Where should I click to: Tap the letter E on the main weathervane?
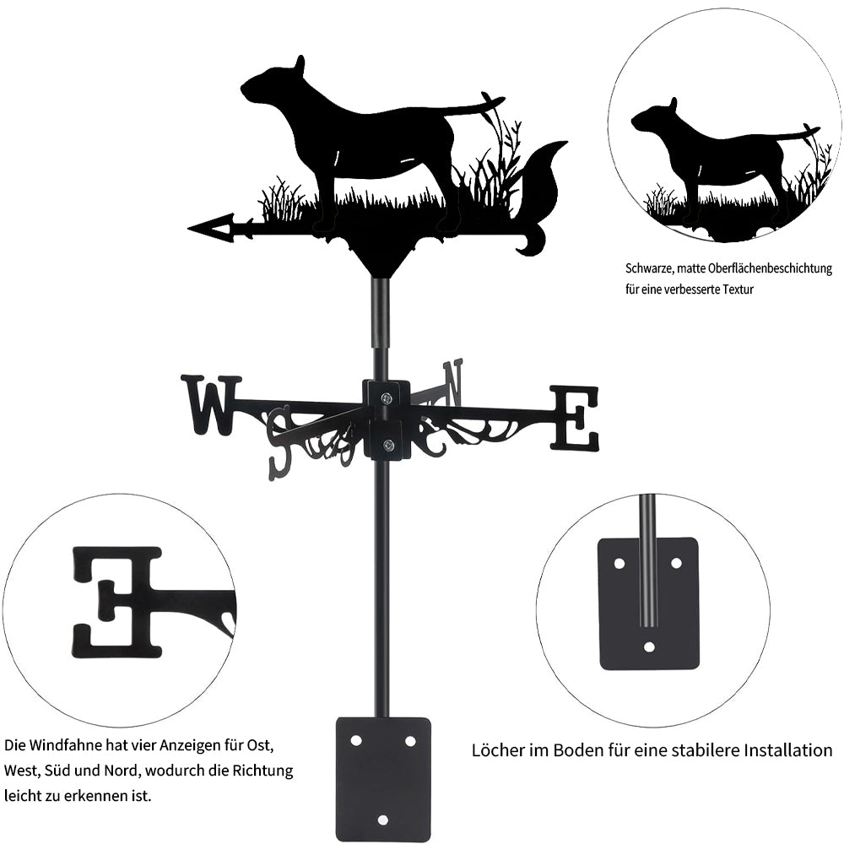[574, 418]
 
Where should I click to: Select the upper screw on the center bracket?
[387, 398]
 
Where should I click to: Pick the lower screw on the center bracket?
[387, 445]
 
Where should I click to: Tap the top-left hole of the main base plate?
[356, 741]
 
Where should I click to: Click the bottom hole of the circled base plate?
[650, 647]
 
